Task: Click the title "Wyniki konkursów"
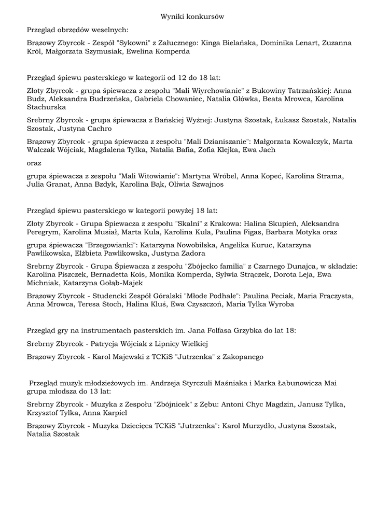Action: (x=192, y=17)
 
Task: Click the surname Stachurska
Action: (x=46, y=107)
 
